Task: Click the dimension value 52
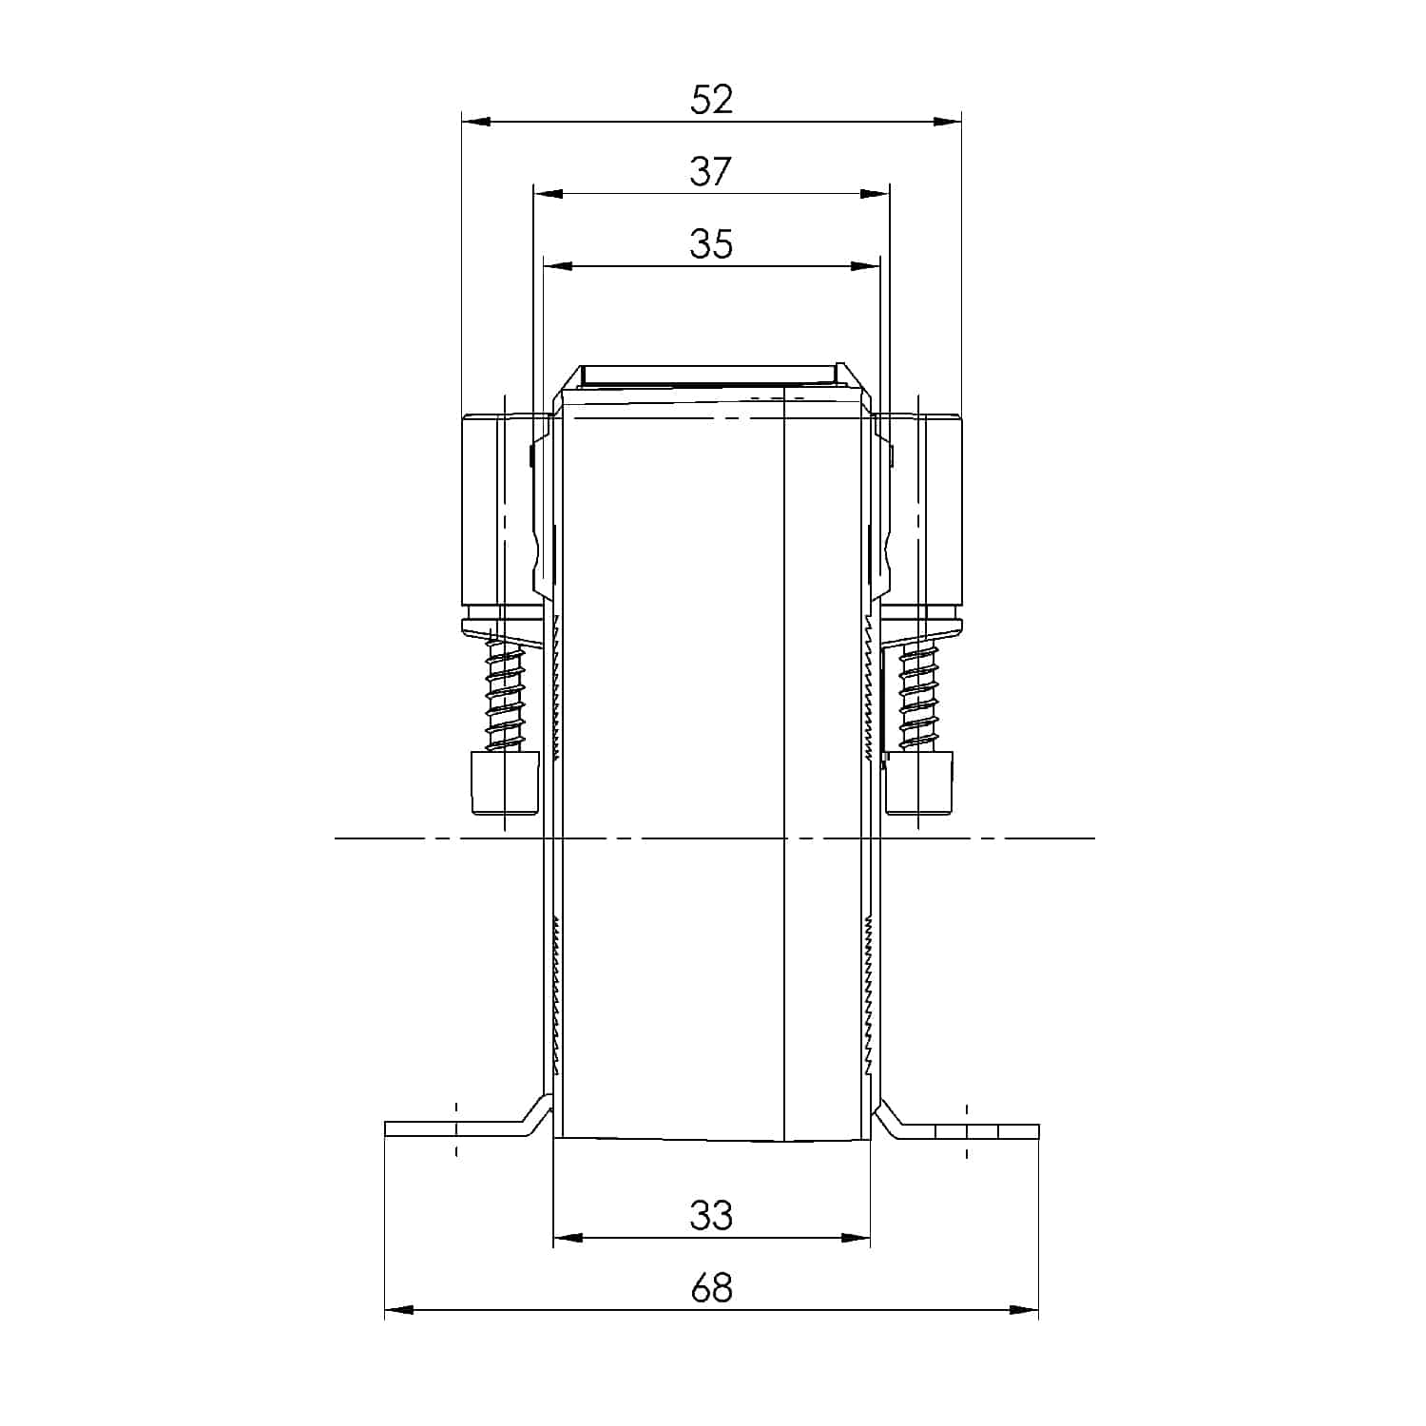712,100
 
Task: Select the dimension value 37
711,172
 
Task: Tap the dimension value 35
711,244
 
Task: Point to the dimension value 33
711,1216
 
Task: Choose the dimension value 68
711,1288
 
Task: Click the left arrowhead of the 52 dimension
475,122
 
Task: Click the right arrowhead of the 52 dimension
947,122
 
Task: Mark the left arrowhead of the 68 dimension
399,1310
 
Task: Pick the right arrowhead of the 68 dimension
1024,1310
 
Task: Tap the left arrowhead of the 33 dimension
568,1238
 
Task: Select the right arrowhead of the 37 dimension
876,194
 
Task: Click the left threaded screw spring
506,691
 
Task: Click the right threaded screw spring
918,691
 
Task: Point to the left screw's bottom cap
505,783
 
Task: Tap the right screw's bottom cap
919,783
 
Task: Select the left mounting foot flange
456,1129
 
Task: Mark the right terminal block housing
928,513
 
